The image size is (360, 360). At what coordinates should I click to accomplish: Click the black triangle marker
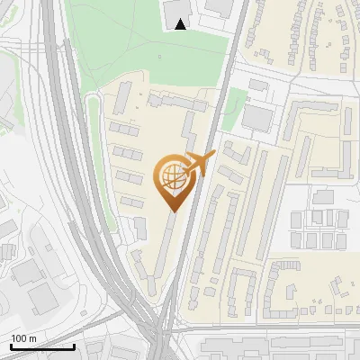click(181, 24)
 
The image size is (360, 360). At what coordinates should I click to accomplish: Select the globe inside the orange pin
click(171, 178)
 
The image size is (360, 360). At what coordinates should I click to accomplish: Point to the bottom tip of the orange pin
click(171, 211)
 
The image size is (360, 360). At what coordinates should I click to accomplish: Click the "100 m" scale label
click(23, 337)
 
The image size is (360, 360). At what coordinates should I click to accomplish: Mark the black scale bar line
click(42, 346)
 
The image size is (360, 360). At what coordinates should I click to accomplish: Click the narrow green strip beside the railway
click(91, 126)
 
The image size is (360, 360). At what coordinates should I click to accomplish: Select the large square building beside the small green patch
click(258, 118)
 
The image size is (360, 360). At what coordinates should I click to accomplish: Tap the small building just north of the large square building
click(258, 85)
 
